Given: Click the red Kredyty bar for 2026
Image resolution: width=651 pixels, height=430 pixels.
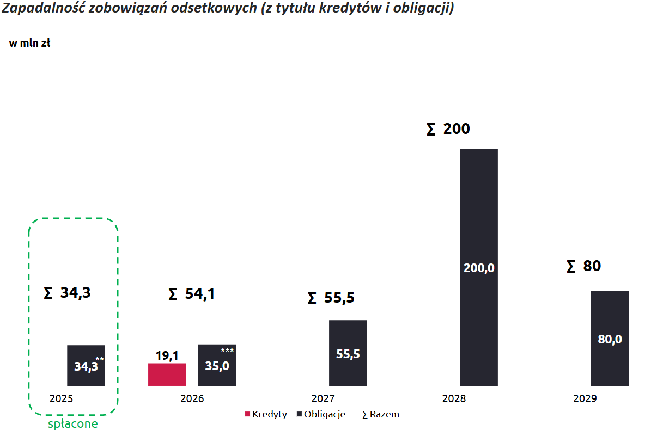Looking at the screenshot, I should click(167, 374).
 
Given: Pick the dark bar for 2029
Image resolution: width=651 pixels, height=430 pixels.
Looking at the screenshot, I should click(610, 338).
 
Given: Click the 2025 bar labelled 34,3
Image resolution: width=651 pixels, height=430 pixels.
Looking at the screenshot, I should click(86, 365).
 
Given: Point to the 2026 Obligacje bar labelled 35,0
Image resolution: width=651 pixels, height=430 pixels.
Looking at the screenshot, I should click(217, 365).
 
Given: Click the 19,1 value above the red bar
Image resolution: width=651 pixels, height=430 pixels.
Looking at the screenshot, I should click(167, 356).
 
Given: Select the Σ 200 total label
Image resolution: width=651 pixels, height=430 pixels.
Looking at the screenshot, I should click(448, 129).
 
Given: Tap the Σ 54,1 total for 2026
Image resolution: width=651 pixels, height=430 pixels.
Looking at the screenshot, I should click(191, 294).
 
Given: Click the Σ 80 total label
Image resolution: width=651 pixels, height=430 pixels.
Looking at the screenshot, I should click(583, 266).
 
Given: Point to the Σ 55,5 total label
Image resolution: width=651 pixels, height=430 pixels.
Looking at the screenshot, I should click(331, 298).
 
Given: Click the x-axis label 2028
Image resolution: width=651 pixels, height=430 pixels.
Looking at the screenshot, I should click(454, 398).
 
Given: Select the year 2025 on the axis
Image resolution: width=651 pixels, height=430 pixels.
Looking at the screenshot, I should click(61, 398).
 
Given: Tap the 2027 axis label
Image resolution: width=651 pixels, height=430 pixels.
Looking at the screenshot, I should click(323, 398).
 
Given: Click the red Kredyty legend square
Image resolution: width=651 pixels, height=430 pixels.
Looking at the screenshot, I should click(247, 414).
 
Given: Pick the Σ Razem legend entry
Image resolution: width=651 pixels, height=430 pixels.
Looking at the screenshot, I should click(381, 414).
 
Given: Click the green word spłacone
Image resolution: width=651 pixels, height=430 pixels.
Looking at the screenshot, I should click(73, 423).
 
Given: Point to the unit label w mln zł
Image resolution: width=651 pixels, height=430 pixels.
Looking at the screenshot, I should click(30, 44).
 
